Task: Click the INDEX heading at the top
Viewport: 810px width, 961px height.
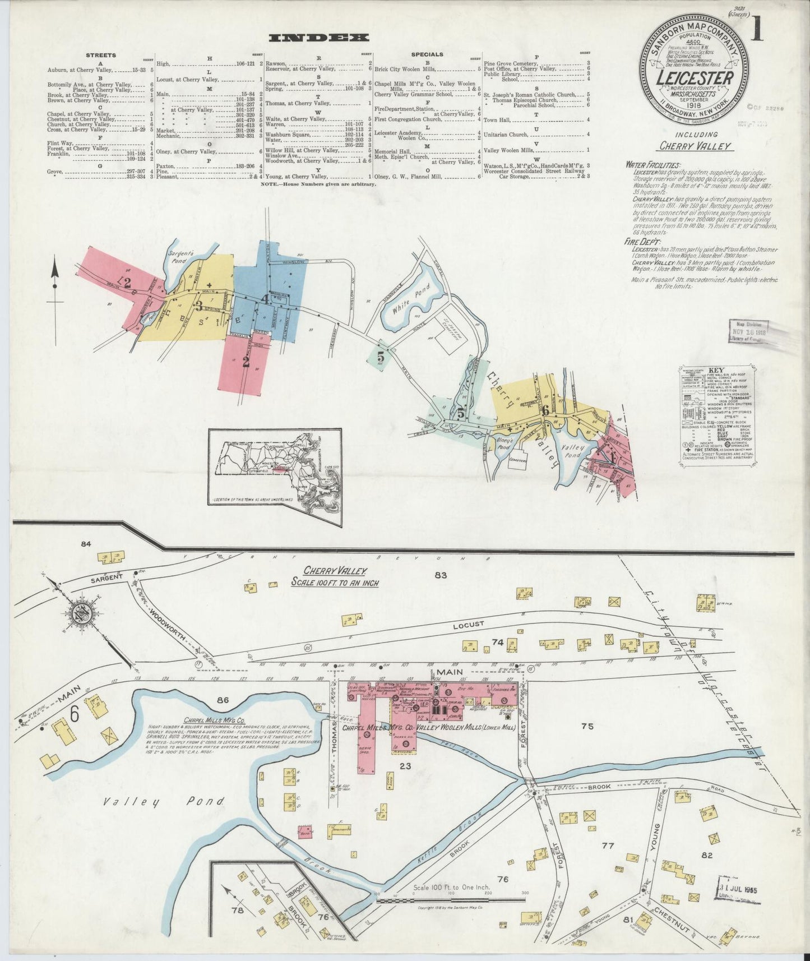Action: click(319, 38)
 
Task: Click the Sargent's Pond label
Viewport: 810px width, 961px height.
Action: click(180, 257)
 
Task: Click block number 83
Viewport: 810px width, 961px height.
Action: click(439, 575)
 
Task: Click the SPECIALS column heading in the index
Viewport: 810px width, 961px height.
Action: click(427, 55)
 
